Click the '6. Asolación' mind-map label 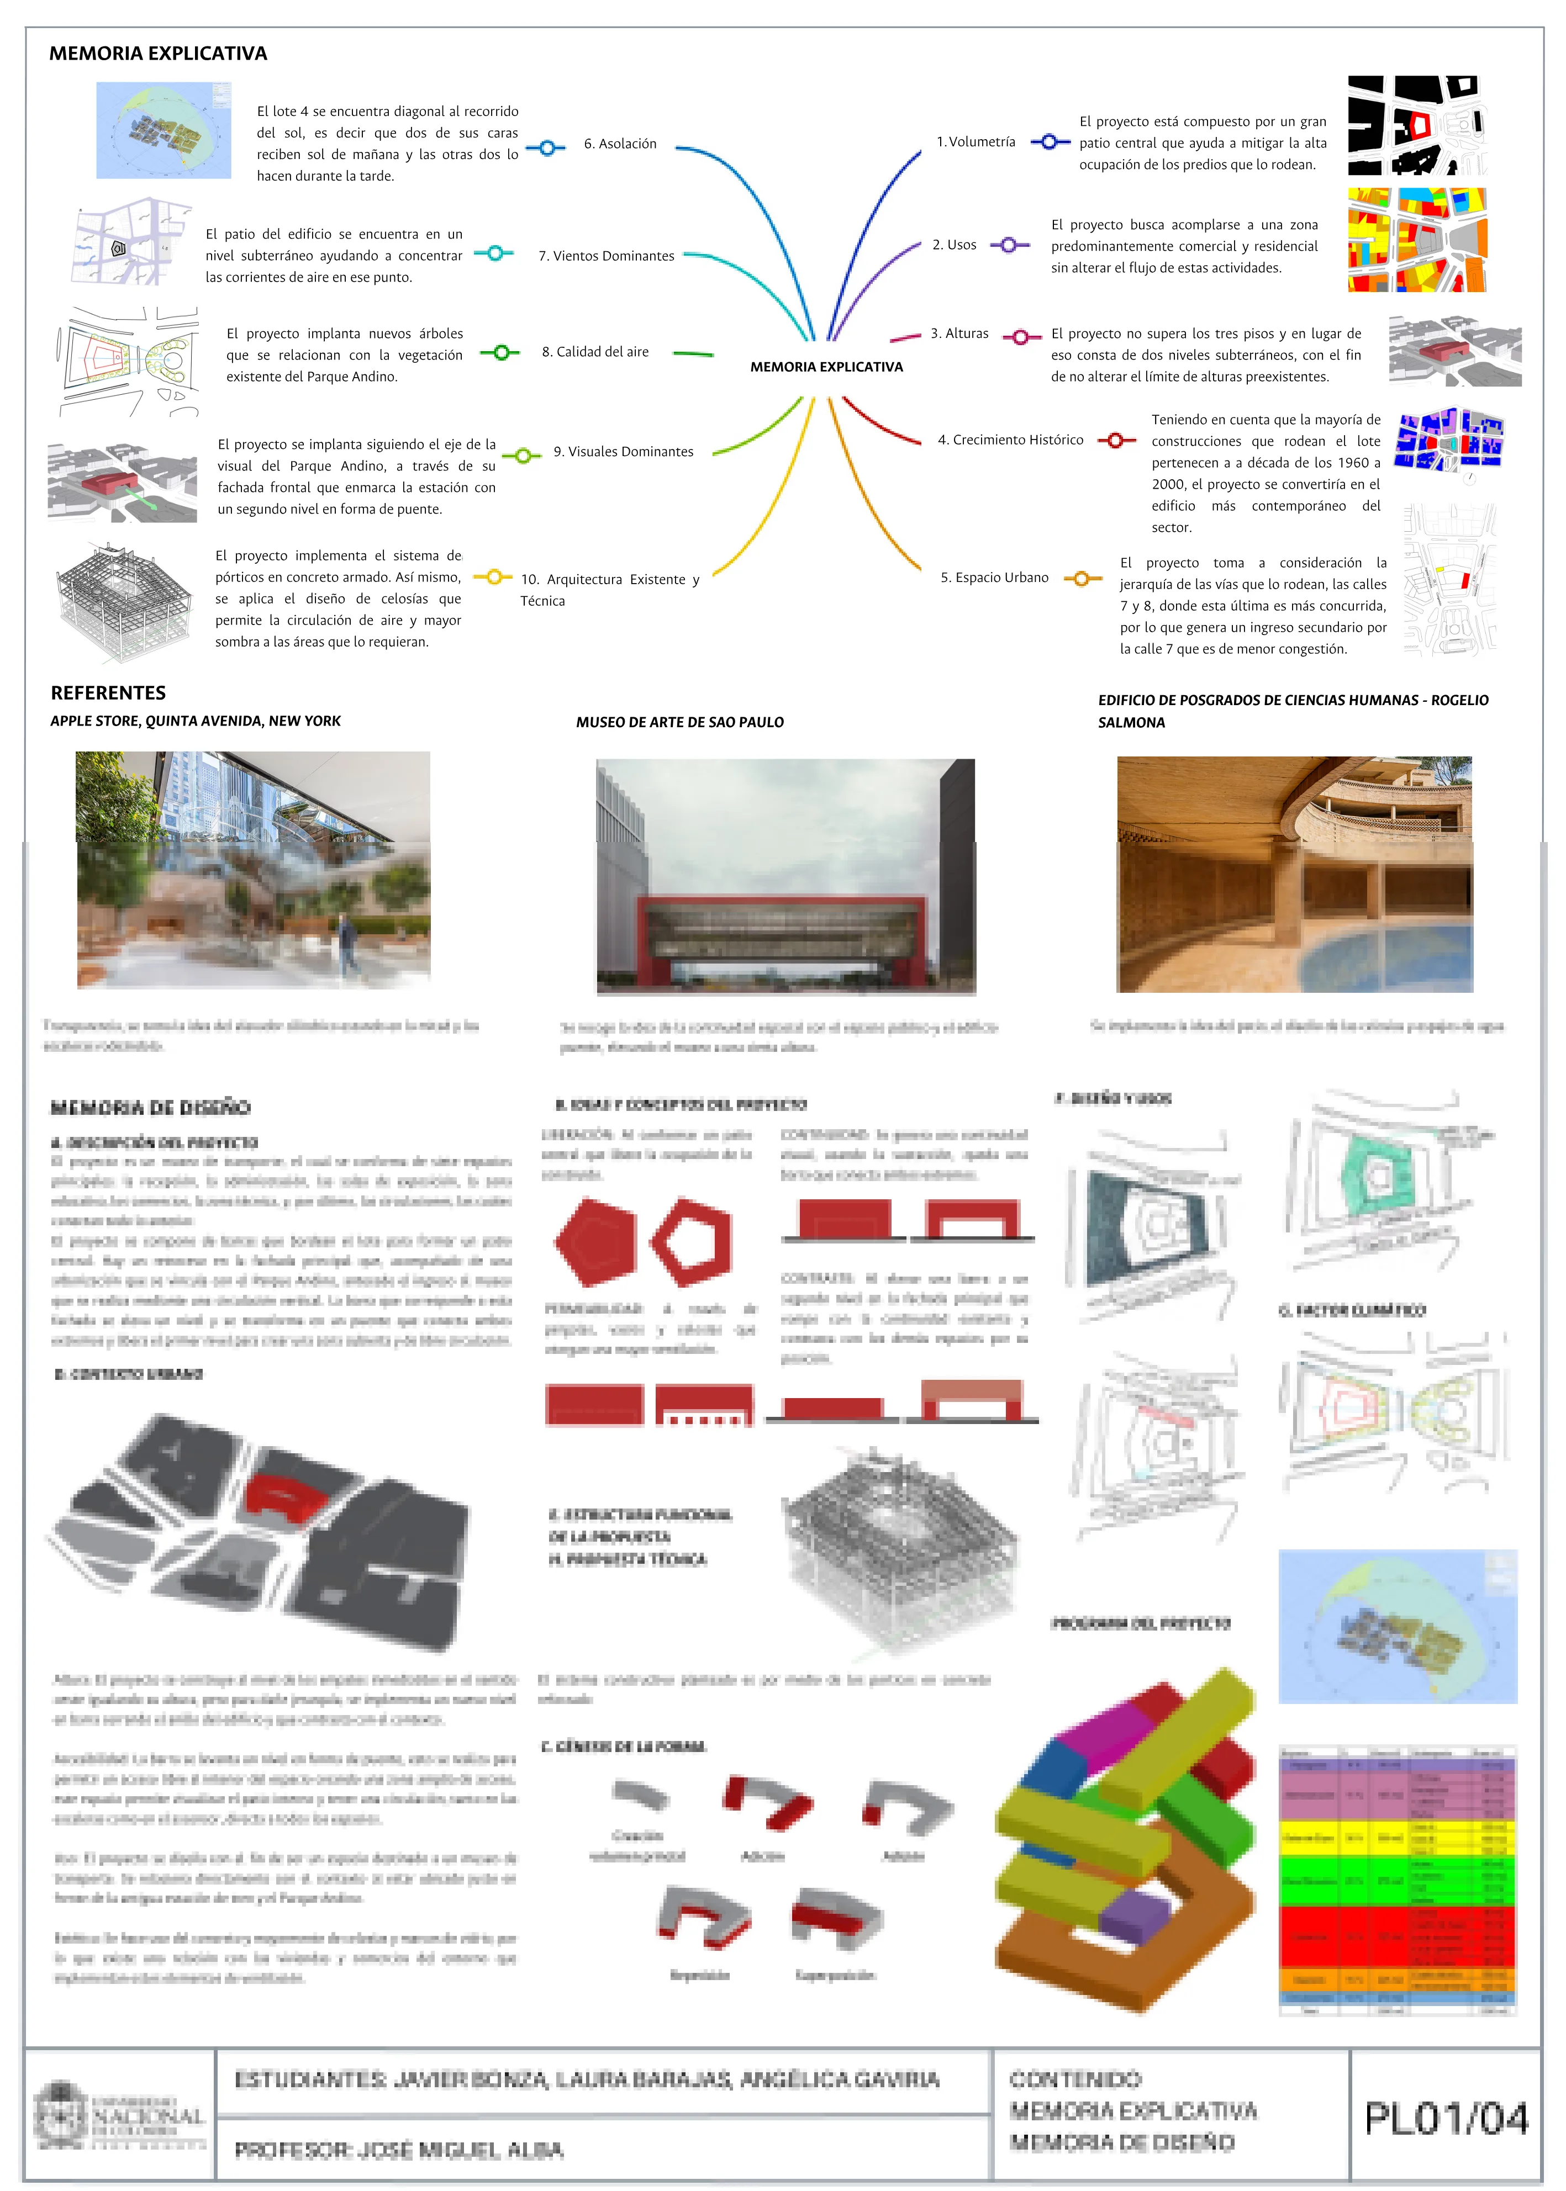point(619,144)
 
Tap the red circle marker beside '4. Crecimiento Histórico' point(1116,441)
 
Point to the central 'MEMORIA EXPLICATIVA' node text point(826,366)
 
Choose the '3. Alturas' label point(959,334)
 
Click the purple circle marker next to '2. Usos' point(1009,245)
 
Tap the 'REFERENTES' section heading point(108,693)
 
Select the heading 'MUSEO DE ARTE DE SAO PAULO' point(680,722)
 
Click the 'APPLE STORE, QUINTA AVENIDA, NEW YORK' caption point(196,721)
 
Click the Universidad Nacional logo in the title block point(120,2116)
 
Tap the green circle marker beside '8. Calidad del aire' point(500,353)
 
